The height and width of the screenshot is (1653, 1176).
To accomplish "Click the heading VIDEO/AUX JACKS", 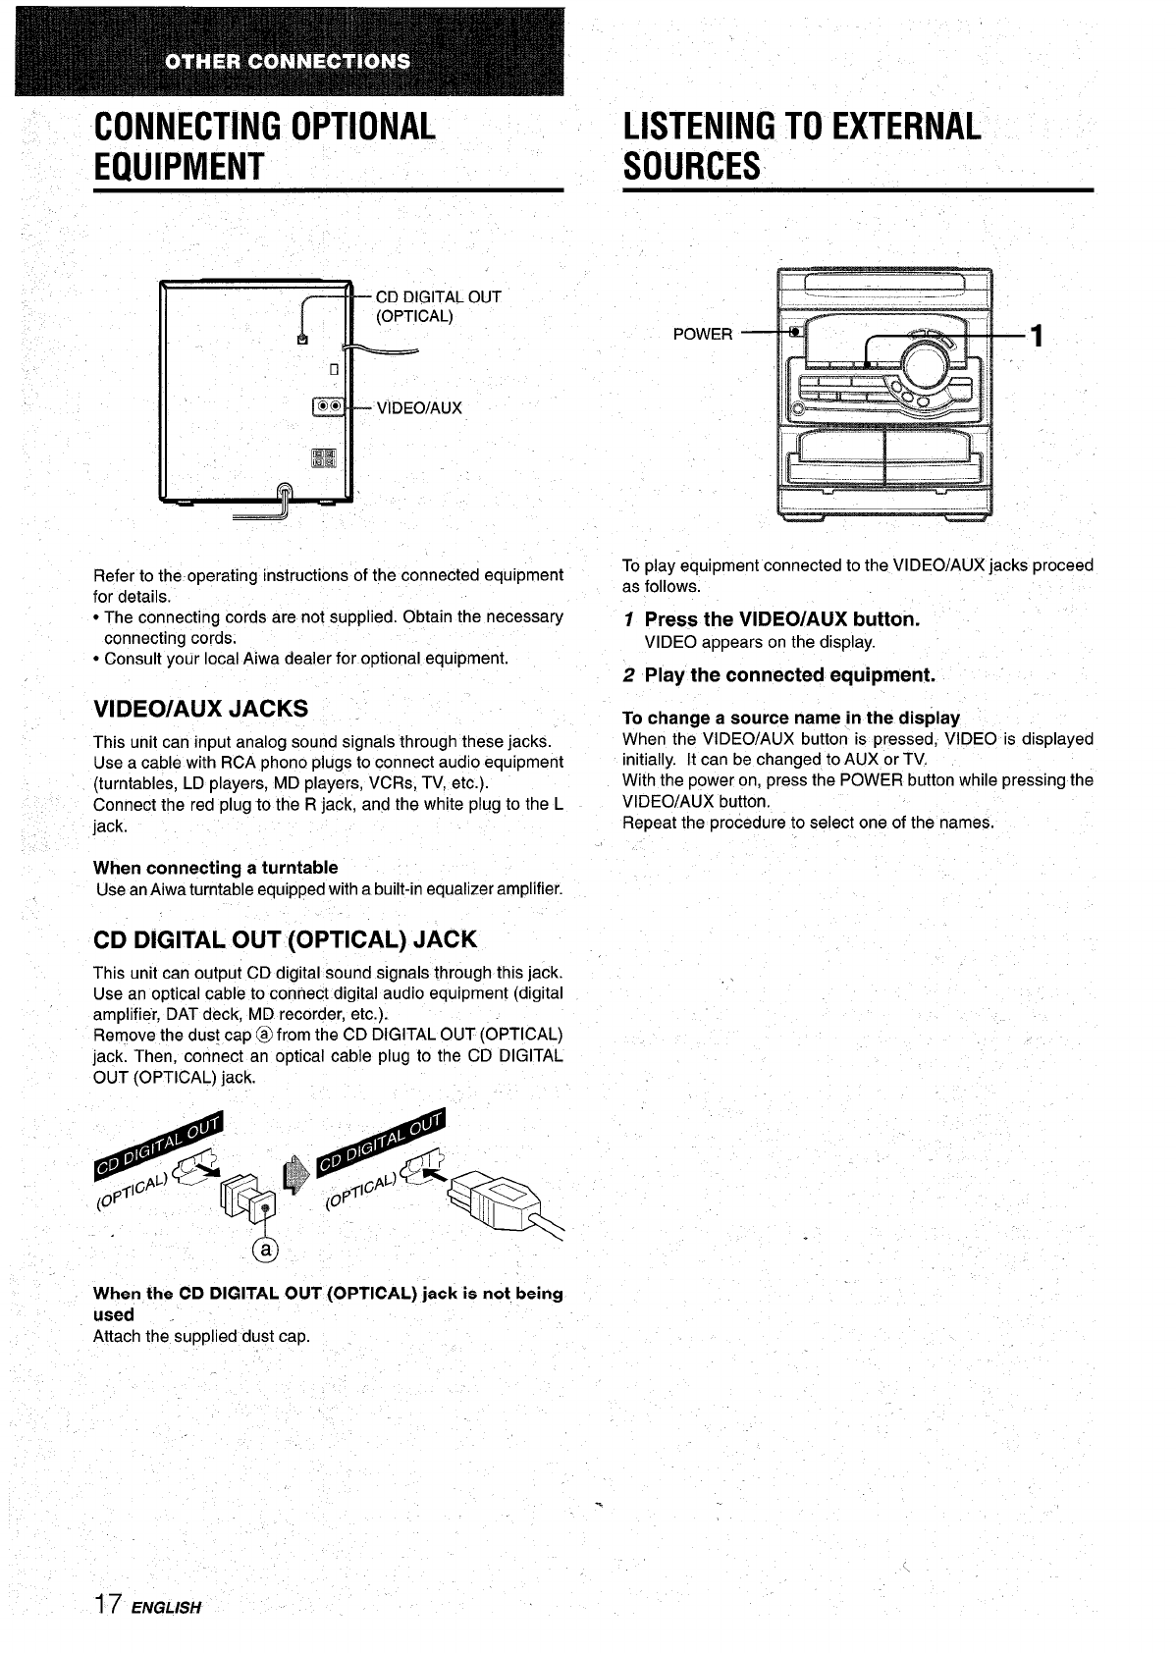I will pyautogui.click(x=200, y=709).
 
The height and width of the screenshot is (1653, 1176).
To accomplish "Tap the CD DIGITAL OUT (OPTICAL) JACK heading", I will pyautogui.click(x=285, y=939).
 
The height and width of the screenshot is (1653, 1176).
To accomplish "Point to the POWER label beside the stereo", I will pyautogui.click(x=702, y=335).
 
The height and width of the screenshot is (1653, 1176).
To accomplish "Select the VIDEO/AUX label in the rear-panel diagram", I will pyautogui.click(x=418, y=408).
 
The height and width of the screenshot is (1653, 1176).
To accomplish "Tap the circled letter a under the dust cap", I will pyautogui.click(x=265, y=1249).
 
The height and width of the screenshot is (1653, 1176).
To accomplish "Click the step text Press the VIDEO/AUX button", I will pyautogui.click(x=781, y=619).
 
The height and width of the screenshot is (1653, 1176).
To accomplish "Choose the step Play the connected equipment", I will pyautogui.click(x=789, y=675).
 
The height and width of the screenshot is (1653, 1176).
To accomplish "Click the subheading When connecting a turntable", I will pyautogui.click(x=215, y=868).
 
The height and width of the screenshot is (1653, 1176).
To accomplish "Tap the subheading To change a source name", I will pyautogui.click(x=790, y=718).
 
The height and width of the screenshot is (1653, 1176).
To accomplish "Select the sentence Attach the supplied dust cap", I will pyautogui.click(x=201, y=1337).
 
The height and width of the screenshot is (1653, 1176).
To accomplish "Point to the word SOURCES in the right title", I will pyautogui.click(x=692, y=166).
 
